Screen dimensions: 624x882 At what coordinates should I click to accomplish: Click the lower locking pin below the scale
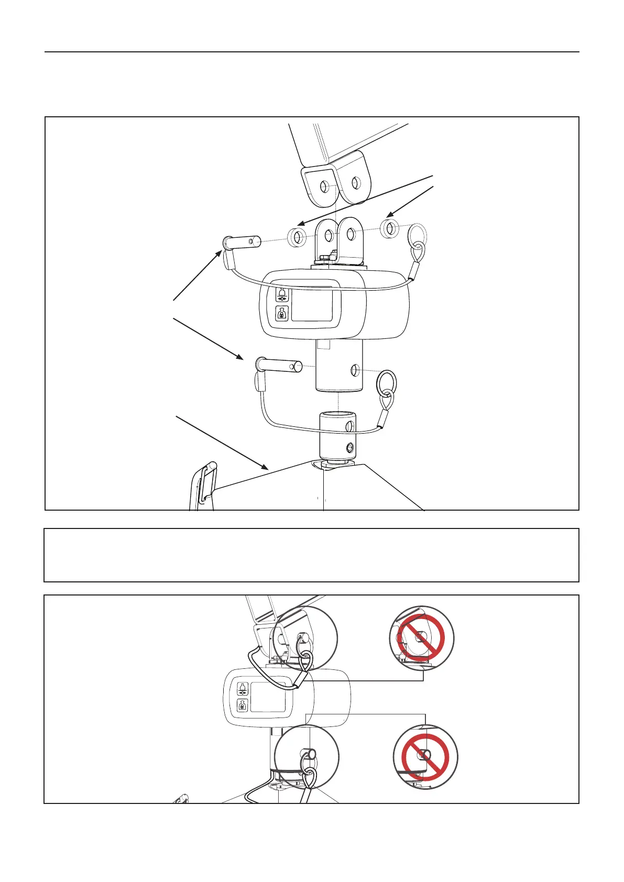point(278,365)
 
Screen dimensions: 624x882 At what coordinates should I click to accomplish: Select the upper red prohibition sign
point(422,638)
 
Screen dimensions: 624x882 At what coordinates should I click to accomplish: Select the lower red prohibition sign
point(425,757)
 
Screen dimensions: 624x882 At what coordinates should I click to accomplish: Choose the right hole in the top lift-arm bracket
point(356,183)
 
